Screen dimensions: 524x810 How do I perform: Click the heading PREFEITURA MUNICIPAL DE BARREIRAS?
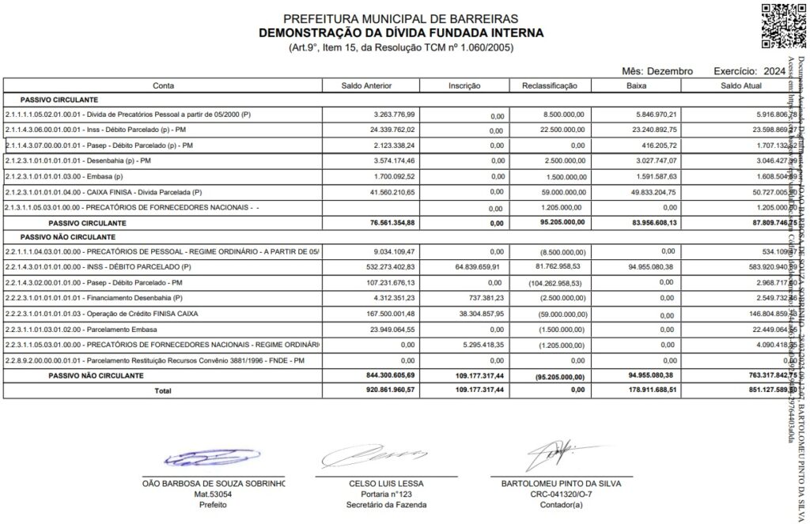tap(401, 18)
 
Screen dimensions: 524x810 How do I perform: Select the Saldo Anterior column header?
tap(371, 85)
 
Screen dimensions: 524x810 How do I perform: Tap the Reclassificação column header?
tap(551, 85)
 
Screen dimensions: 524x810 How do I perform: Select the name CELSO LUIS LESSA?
tap(386, 483)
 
